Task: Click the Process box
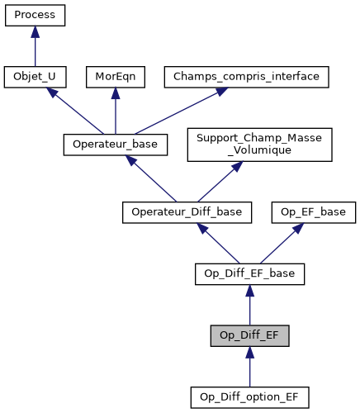35,16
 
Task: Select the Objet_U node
35,77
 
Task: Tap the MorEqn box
115,77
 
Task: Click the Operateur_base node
116,145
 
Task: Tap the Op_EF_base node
309,212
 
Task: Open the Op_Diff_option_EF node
249,397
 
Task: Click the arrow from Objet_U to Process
35,46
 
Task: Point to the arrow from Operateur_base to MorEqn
115,111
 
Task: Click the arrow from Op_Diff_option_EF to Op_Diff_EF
249,366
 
